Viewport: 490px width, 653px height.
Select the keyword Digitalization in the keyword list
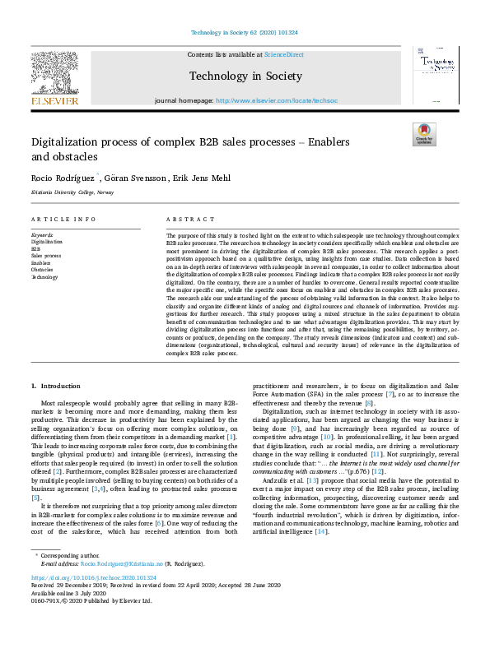pos(46,243)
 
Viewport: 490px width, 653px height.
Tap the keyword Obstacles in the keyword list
pos(42,269)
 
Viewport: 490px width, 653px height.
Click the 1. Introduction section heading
pos(56,386)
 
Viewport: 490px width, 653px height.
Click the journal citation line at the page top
pos(245,33)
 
